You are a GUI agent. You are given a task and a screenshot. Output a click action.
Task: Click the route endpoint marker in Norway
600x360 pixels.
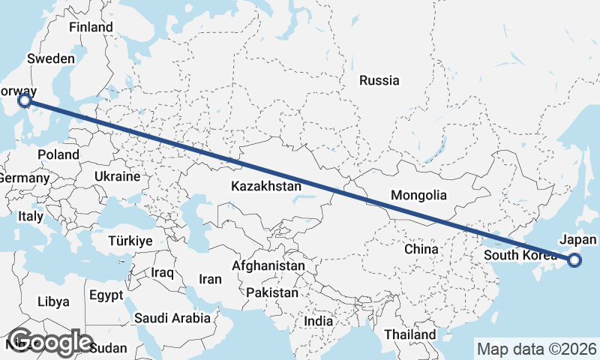(24, 100)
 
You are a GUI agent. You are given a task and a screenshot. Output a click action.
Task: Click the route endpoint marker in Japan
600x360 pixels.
(574, 260)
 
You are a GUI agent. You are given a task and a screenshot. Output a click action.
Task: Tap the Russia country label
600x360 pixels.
(379, 81)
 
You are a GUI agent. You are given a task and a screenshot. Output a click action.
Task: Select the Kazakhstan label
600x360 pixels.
(266, 186)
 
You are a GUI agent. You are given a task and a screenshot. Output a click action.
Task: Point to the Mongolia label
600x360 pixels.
(418, 196)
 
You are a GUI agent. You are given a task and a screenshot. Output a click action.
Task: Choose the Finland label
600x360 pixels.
(91, 28)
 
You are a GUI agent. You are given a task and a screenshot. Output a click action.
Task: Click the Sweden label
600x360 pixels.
(51, 59)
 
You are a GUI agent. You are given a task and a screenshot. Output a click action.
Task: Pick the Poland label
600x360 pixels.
(58, 154)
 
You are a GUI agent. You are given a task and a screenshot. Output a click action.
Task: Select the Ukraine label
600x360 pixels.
(117, 177)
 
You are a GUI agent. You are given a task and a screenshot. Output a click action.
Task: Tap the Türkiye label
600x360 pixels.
(130, 241)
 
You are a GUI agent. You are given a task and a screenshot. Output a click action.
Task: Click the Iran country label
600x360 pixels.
(210, 279)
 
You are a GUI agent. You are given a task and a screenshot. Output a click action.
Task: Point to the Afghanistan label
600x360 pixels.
(268, 265)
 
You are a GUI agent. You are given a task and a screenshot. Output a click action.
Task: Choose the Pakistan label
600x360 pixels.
(271, 292)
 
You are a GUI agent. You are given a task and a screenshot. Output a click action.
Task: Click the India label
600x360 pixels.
(318, 321)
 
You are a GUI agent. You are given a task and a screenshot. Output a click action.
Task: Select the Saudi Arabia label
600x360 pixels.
(172, 318)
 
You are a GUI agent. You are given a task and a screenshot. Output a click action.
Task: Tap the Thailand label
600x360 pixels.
(409, 334)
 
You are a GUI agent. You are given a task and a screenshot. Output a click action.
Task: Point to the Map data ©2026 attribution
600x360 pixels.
(537, 349)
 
